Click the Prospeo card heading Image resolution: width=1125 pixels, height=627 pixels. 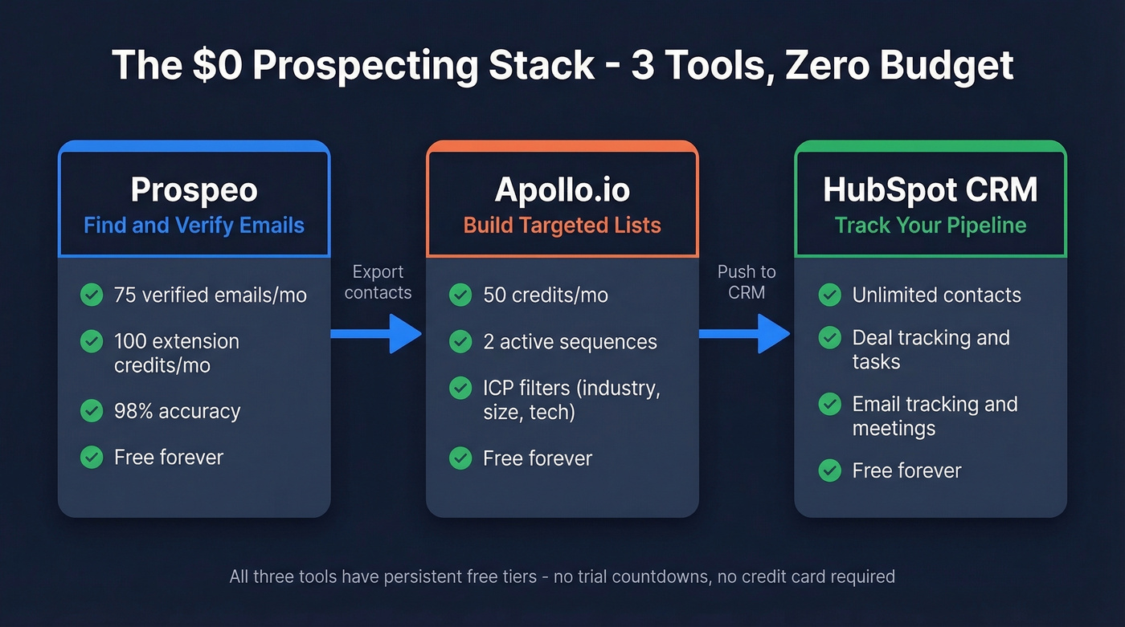(x=194, y=190)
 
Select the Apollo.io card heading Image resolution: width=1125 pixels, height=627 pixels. (x=562, y=190)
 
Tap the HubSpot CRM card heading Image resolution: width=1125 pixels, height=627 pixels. (x=930, y=190)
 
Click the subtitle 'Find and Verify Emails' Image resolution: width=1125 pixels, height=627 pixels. (x=194, y=225)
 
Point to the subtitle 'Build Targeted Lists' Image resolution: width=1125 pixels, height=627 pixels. (x=562, y=225)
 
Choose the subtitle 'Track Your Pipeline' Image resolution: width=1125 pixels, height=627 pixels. (x=930, y=225)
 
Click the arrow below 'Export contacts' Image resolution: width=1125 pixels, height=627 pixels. (x=377, y=333)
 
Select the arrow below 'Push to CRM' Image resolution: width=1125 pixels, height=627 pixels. (x=745, y=333)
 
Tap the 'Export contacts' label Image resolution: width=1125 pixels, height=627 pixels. (x=378, y=282)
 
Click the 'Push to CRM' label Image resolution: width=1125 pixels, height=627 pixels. (x=747, y=282)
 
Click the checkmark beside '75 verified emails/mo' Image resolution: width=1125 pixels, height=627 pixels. (x=92, y=295)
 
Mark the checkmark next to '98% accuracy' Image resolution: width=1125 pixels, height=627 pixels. (x=92, y=411)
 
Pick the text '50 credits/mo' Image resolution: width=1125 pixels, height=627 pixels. (x=545, y=295)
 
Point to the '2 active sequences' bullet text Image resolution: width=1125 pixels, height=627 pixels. (x=570, y=342)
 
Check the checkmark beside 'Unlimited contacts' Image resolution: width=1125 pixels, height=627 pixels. (x=829, y=295)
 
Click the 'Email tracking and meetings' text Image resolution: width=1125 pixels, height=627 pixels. (x=934, y=416)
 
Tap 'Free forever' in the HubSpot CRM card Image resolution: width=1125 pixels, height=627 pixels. (x=906, y=470)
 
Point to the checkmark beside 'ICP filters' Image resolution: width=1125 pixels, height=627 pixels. (x=460, y=389)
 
